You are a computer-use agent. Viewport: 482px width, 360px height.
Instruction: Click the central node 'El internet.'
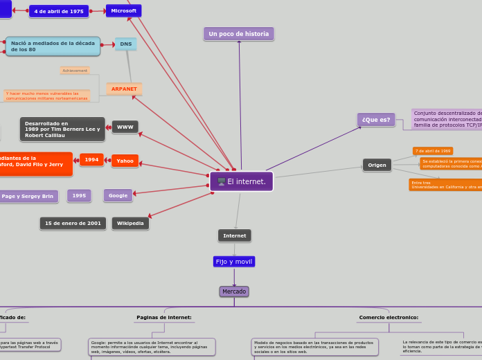(x=241, y=181)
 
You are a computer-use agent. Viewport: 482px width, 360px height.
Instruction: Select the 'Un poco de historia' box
(x=239, y=34)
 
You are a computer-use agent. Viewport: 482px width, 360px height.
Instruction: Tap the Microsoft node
(x=124, y=11)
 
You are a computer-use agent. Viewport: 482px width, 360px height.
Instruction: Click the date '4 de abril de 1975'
(x=59, y=12)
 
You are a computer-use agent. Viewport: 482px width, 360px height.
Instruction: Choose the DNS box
(x=125, y=44)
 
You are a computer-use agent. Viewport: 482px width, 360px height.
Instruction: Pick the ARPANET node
(x=125, y=89)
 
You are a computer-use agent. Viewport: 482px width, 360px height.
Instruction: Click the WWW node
(x=125, y=127)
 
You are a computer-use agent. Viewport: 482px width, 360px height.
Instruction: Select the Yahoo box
(x=125, y=161)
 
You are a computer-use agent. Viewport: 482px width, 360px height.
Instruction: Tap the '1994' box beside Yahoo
(x=91, y=160)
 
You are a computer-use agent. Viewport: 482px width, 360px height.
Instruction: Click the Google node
(x=118, y=196)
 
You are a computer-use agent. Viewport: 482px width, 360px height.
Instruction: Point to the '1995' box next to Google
(x=79, y=196)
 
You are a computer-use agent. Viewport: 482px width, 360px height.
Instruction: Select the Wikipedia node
(x=130, y=224)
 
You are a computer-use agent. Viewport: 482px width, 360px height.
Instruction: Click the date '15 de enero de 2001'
(x=73, y=224)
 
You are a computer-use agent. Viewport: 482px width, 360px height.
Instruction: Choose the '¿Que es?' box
(x=376, y=120)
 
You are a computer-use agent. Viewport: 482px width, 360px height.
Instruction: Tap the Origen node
(x=377, y=165)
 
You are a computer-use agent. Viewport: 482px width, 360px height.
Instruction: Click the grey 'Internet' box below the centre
(x=235, y=236)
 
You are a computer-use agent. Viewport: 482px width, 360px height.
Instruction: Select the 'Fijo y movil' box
(x=234, y=262)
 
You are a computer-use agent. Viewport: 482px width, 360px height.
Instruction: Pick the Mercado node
(x=234, y=291)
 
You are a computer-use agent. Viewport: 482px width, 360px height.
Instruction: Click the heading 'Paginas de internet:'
(x=164, y=318)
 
